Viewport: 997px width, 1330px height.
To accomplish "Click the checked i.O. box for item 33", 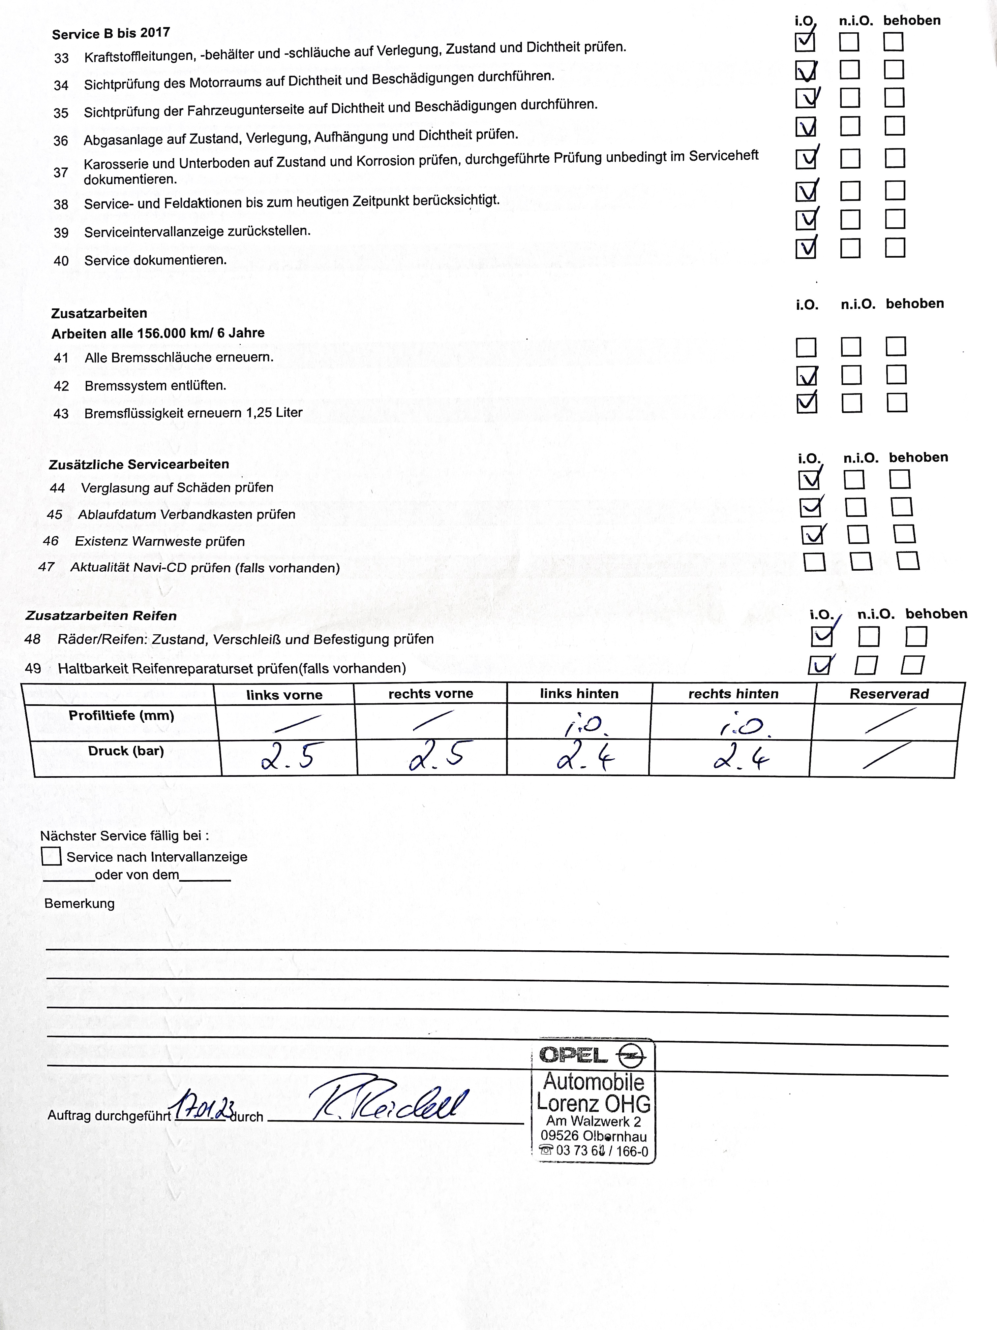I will tap(805, 42).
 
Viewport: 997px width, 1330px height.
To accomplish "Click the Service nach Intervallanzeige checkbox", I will tap(51, 856).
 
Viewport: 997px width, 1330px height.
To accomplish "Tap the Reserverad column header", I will tap(889, 694).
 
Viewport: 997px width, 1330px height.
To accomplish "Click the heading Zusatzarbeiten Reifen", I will tap(101, 616).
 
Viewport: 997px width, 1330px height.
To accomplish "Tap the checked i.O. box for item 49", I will tap(820, 665).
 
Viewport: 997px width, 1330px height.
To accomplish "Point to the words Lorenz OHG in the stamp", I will tap(593, 1103).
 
